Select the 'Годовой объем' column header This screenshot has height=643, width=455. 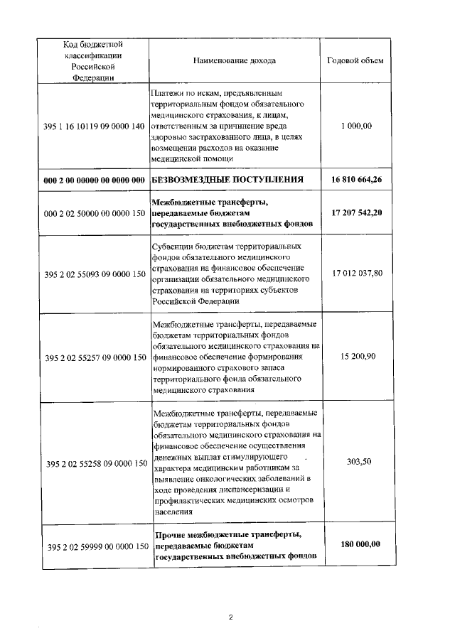click(355, 60)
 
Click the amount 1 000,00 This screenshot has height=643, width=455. click(356, 126)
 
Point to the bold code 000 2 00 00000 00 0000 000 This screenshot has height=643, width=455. click(95, 179)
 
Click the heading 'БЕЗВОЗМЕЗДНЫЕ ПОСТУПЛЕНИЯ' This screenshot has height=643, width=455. click(228, 179)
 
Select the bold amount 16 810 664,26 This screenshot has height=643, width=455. click(356, 179)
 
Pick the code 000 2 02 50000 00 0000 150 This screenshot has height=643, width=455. click(95, 213)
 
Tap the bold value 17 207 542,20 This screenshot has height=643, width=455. click(356, 213)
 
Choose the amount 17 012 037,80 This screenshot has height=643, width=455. click(356, 273)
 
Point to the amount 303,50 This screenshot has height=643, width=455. click(356, 462)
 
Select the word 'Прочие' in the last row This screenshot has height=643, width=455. click(171, 534)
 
